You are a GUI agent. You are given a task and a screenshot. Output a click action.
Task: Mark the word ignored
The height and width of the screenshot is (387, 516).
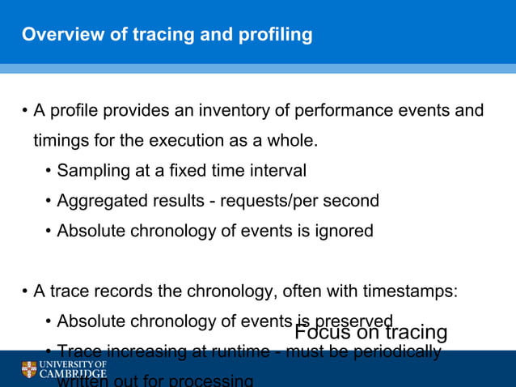[345, 231]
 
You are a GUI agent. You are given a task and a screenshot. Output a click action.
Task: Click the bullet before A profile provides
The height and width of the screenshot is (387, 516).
[25, 111]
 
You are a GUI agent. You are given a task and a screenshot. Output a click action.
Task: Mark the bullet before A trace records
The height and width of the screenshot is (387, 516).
[25, 291]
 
